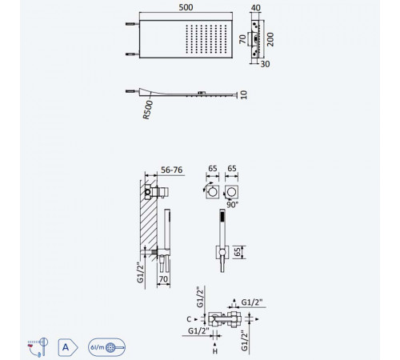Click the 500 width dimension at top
click(186, 7)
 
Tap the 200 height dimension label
click(270, 39)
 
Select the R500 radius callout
click(148, 110)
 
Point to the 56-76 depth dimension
click(172, 170)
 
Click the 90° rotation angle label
click(232, 205)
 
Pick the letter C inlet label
click(189, 319)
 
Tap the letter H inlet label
click(215, 351)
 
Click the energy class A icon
click(68, 347)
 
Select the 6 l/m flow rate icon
click(106, 347)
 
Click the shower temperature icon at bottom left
click(38, 347)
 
